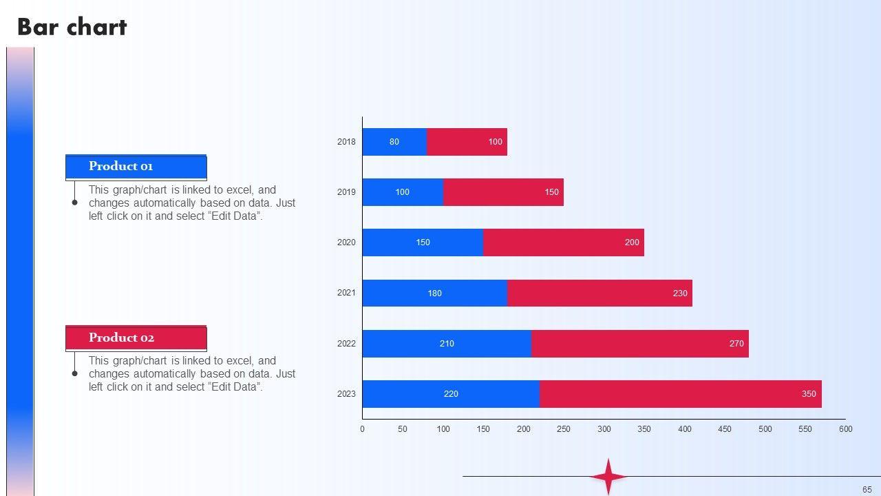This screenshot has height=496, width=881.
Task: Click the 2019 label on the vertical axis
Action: [x=346, y=192]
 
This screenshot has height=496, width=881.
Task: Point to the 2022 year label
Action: [x=346, y=343]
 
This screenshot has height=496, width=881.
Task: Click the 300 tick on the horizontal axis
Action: [x=604, y=429]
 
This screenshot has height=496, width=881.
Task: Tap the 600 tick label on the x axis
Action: [x=845, y=429]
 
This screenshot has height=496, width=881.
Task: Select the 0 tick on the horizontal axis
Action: [x=363, y=429]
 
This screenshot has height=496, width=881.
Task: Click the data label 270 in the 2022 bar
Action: [x=736, y=344]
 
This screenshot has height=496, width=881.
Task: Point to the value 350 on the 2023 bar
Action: [x=809, y=394]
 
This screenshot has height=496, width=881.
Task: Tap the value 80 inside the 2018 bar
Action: [x=394, y=142]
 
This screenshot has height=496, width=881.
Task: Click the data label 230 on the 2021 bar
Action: [x=680, y=293]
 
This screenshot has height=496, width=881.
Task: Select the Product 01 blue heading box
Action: [x=136, y=167]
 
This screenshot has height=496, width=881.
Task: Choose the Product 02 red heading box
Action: [x=136, y=338]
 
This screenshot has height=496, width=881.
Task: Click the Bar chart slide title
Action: [x=72, y=27]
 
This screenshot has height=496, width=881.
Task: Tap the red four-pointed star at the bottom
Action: [x=608, y=477]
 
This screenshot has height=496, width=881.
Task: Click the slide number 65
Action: [x=867, y=490]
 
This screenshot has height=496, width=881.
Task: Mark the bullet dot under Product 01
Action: [x=75, y=203]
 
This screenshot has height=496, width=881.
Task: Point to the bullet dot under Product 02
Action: [x=75, y=373]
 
